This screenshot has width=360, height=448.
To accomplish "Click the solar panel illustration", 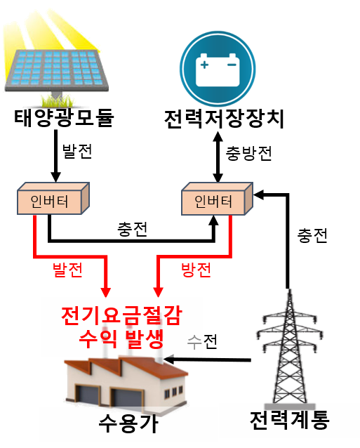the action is click(x=57, y=70).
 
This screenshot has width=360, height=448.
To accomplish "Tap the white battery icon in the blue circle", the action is click(x=218, y=70).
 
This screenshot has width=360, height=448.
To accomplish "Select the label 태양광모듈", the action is click(x=65, y=117).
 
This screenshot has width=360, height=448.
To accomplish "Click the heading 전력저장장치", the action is click(x=224, y=119).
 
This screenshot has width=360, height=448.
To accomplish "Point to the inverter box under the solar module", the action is click(x=53, y=198).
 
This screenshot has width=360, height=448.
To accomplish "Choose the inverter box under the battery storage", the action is click(x=218, y=199).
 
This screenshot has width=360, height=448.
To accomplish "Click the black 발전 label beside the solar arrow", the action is click(x=77, y=151).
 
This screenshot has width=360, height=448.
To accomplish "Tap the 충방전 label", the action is click(x=248, y=153).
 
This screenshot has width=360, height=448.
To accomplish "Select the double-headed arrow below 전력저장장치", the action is click(x=218, y=157).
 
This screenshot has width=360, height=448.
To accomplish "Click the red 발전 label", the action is click(x=67, y=270).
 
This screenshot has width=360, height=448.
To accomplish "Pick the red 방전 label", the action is click(x=196, y=270).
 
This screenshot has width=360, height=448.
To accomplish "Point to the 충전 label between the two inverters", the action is click(x=132, y=229).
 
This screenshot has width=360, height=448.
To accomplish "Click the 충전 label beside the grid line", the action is click(x=312, y=236).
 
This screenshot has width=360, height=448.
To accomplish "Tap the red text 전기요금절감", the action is click(x=121, y=315).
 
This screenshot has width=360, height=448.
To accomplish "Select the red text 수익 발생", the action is click(x=121, y=339).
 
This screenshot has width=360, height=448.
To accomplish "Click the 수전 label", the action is click(x=202, y=341).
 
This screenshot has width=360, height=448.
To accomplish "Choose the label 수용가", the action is click(x=128, y=423).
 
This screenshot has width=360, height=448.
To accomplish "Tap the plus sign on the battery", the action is click(x=204, y=65).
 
